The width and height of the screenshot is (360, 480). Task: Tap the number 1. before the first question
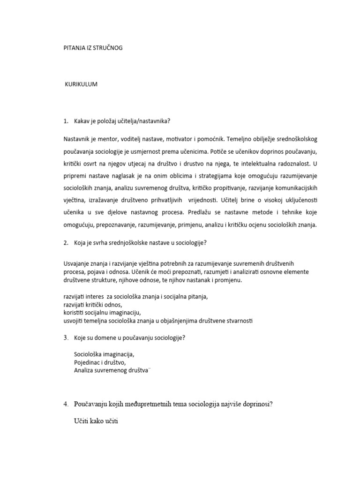(66, 121)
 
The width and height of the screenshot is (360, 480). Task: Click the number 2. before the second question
(66, 243)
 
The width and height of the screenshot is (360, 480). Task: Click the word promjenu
(228, 280)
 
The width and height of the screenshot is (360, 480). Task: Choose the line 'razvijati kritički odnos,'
(92, 305)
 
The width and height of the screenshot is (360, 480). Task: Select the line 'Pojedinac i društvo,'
(100, 362)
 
